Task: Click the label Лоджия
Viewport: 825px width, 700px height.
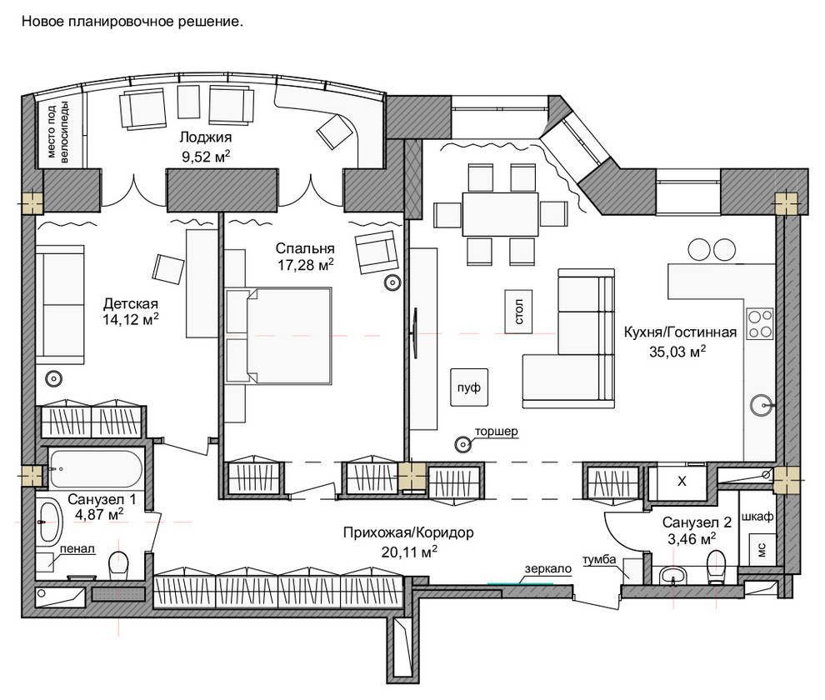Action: coord(205,137)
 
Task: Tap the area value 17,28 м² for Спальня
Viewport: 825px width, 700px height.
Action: coord(306,265)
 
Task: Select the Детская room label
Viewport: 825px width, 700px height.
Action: coord(131,303)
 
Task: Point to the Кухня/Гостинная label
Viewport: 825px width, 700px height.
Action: coord(680,332)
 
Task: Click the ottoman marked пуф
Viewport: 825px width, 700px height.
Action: coord(469,387)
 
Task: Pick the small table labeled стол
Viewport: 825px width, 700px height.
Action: coord(519,311)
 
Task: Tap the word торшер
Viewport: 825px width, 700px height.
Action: coord(496,432)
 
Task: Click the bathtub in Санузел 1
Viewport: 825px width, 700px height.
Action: coord(97,468)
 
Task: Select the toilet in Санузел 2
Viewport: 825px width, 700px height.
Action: coord(716,566)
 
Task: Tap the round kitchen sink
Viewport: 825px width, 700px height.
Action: coord(762,405)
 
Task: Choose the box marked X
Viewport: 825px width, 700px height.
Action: coord(682,482)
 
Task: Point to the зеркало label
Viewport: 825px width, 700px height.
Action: coord(547,569)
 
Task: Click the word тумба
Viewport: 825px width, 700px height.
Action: coord(599,559)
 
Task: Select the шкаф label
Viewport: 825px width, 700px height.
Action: coord(757,517)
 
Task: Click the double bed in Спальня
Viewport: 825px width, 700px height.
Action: coord(278,335)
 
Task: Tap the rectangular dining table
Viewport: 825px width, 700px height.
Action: coord(500,214)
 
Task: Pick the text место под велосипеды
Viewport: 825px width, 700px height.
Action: coord(57,132)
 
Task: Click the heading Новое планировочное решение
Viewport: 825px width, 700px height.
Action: coord(132,22)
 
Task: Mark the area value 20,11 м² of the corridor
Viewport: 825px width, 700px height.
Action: coord(409,552)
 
